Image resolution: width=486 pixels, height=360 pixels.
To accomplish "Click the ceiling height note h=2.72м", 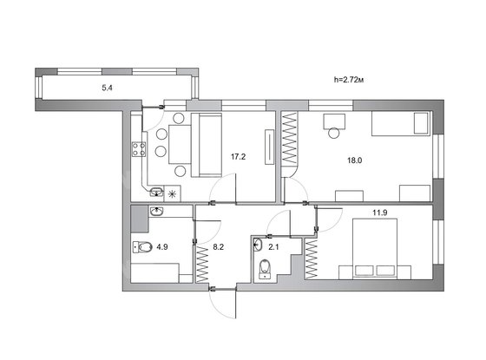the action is [348, 80].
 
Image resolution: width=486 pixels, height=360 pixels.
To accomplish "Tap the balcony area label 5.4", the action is [107, 88].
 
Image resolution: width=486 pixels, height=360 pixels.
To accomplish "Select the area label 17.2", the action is [238, 157].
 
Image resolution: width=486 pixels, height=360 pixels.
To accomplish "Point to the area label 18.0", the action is [355, 160].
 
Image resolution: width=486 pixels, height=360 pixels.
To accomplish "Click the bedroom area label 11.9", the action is [380, 213].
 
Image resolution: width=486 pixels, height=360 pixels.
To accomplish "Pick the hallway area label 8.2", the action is [219, 247].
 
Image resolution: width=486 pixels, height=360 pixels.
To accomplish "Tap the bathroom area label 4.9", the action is [162, 247].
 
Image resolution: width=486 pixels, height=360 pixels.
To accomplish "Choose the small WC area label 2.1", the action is [273, 247].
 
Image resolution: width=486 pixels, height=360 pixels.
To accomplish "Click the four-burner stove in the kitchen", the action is [139, 148].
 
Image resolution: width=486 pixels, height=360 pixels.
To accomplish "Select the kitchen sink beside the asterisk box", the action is [157, 192].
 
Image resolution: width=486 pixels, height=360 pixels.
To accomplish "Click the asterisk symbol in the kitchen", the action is [172, 194].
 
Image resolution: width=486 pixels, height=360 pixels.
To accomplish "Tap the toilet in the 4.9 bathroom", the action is [142, 247].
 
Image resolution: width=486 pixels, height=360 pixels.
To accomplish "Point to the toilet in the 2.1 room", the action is [265, 268].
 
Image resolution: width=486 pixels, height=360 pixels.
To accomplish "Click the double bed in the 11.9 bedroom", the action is [375, 249].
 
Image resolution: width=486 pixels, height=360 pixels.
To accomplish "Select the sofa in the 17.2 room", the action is [207, 145].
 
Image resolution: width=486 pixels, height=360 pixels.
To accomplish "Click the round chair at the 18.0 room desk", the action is [334, 133].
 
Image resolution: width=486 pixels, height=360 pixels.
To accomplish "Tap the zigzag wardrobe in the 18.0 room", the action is [290, 138].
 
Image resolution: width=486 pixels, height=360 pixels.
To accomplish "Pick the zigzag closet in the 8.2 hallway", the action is [202, 264].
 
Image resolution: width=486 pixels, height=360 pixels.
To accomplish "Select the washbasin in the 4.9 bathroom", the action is [157, 212].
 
